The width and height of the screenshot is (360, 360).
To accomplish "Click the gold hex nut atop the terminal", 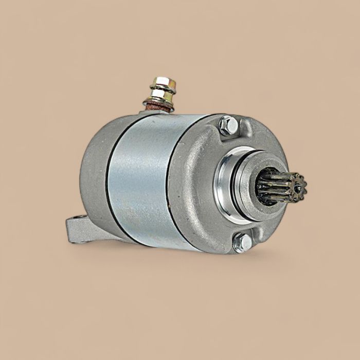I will pos(164,83).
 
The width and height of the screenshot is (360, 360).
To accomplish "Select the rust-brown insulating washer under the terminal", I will pos(156,106).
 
